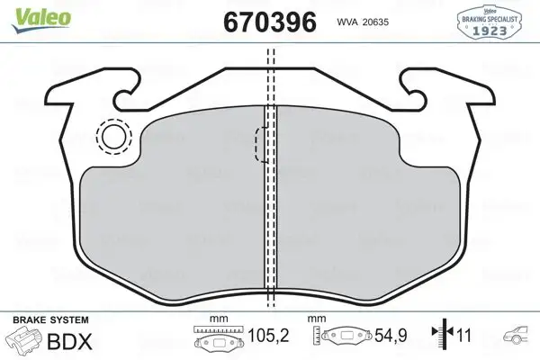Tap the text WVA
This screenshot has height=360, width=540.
(347, 22)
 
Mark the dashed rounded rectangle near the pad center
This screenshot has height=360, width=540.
(262, 145)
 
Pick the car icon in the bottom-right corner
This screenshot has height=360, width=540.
(520, 337)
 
